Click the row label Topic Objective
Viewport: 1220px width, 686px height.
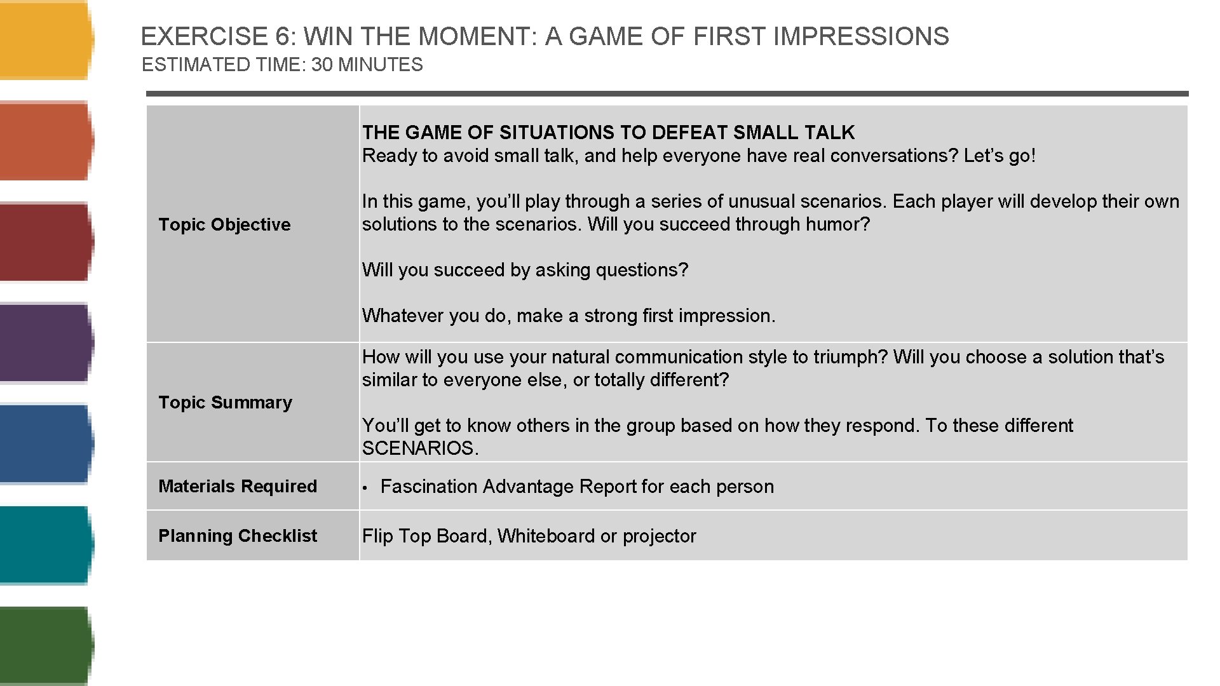tap(224, 224)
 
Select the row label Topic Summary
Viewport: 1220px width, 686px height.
tap(225, 402)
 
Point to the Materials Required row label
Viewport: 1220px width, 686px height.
tap(237, 486)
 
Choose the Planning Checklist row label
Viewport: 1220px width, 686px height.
tap(237, 535)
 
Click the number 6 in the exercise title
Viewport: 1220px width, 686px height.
tap(281, 37)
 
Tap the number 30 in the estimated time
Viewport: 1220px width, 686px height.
tap(322, 65)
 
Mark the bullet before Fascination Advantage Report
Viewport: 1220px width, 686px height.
tap(365, 487)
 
